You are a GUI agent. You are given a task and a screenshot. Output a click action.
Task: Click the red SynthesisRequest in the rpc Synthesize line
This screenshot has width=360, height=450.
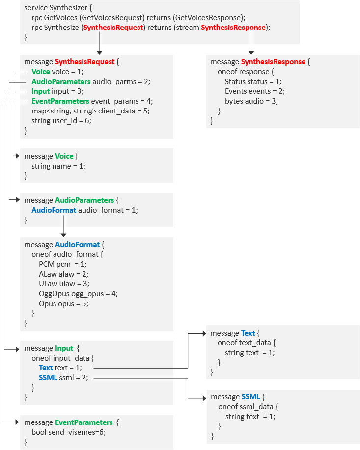113,28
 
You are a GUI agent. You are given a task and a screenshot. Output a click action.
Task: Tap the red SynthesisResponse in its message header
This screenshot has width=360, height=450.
273,62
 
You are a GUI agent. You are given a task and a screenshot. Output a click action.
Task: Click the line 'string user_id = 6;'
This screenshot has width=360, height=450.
61,121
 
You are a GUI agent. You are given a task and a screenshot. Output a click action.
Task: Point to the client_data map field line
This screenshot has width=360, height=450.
91,111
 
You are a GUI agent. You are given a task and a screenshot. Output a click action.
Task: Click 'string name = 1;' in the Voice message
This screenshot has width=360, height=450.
58,166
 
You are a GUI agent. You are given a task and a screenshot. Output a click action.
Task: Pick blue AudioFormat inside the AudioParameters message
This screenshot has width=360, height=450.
54,210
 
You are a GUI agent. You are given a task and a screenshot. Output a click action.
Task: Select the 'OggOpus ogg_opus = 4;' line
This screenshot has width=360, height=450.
79,294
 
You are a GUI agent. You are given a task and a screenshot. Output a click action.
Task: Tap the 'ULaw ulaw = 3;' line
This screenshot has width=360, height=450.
64,284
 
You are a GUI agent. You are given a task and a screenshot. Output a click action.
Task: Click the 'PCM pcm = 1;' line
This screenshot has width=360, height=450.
63,264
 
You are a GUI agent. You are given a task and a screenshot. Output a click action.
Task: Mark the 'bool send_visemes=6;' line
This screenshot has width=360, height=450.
69,432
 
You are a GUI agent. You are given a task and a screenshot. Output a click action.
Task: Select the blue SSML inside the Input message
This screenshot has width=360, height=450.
48,377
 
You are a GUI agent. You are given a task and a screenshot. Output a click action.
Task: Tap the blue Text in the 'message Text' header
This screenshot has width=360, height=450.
248,333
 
